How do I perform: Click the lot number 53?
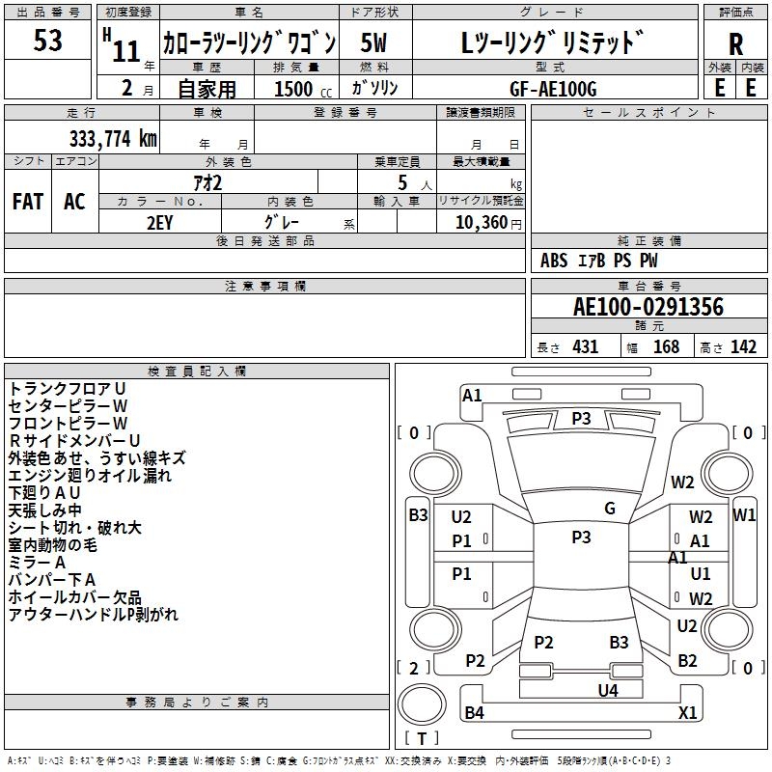47,41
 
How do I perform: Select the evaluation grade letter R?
735,44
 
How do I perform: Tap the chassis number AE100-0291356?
648,307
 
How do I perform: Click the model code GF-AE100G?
553,88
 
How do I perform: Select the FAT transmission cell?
28,201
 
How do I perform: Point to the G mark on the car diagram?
610,509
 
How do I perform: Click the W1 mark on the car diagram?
744,514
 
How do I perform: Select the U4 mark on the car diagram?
607,690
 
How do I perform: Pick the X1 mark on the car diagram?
687,713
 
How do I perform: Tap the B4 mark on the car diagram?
475,713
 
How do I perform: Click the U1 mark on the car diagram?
701,573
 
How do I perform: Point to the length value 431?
585,347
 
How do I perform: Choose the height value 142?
743,347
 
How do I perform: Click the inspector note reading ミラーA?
37,562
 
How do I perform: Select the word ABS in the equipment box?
554,261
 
